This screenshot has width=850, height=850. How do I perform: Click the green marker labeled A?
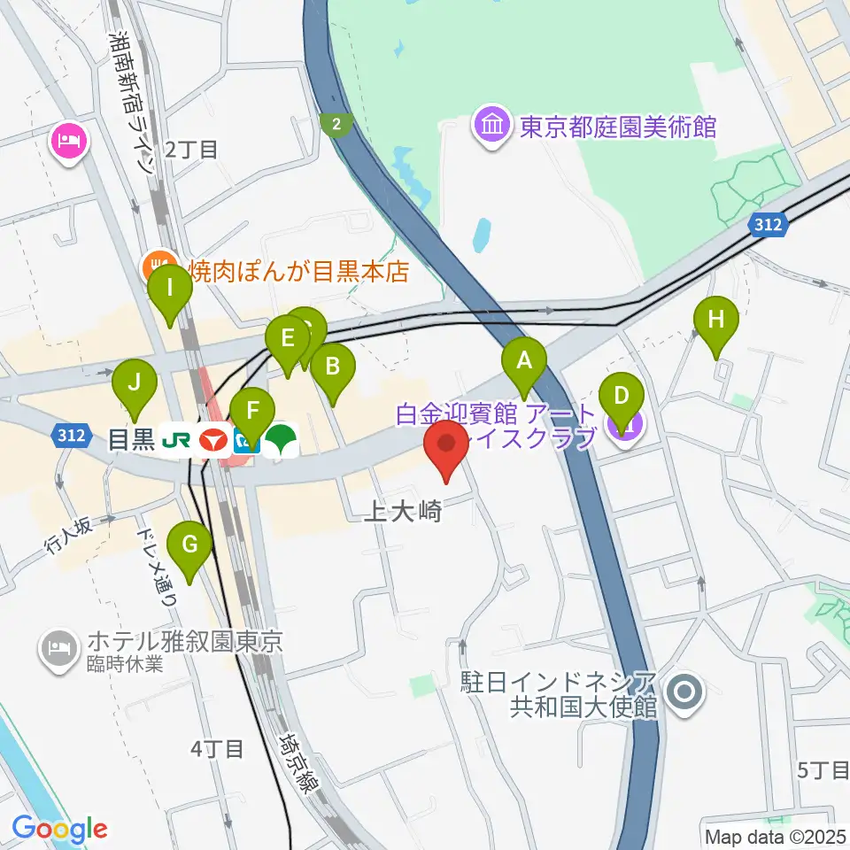(x=524, y=361)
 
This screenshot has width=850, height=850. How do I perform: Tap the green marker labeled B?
(x=333, y=366)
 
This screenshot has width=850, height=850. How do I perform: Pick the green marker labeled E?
(x=288, y=339)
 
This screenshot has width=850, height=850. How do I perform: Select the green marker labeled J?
(x=135, y=383)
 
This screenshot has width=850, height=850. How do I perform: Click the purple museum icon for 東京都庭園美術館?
(x=491, y=127)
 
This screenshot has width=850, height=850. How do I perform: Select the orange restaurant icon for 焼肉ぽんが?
(x=158, y=263)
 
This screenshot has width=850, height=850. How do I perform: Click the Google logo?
(x=59, y=828)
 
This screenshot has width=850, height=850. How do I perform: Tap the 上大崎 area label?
(x=402, y=511)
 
